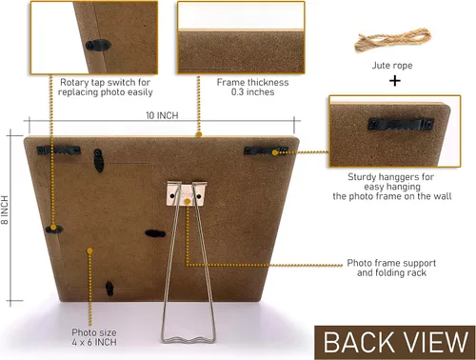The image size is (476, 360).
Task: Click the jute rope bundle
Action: (x=392, y=40)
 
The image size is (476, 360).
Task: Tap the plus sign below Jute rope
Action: (x=395, y=81)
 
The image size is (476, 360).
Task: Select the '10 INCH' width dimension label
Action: (x=162, y=115)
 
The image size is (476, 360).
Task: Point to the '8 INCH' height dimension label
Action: (x=5, y=210)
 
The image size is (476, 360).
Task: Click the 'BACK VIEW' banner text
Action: (x=395, y=342)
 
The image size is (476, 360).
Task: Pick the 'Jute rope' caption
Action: (x=392, y=66)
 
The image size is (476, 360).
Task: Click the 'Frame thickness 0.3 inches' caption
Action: (x=252, y=87)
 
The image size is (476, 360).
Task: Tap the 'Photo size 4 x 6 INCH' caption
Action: (x=94, y=337)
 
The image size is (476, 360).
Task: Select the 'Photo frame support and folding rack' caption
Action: (x=391, y=268)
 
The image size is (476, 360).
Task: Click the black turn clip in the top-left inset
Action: (x=98, y=46)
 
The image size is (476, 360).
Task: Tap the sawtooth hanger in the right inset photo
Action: (x=401, y=124)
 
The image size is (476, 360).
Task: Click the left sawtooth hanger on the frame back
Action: (x=58, y=150)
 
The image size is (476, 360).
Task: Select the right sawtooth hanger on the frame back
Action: (x=266, y=150)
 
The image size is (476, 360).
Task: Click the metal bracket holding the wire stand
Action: (x=187, y=194)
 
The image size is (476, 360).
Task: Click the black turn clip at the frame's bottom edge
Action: (x=109, y=289)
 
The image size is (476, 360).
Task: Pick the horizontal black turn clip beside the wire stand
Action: (x=155, y=233)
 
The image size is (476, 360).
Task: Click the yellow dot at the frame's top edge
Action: (x=199, y=134)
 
